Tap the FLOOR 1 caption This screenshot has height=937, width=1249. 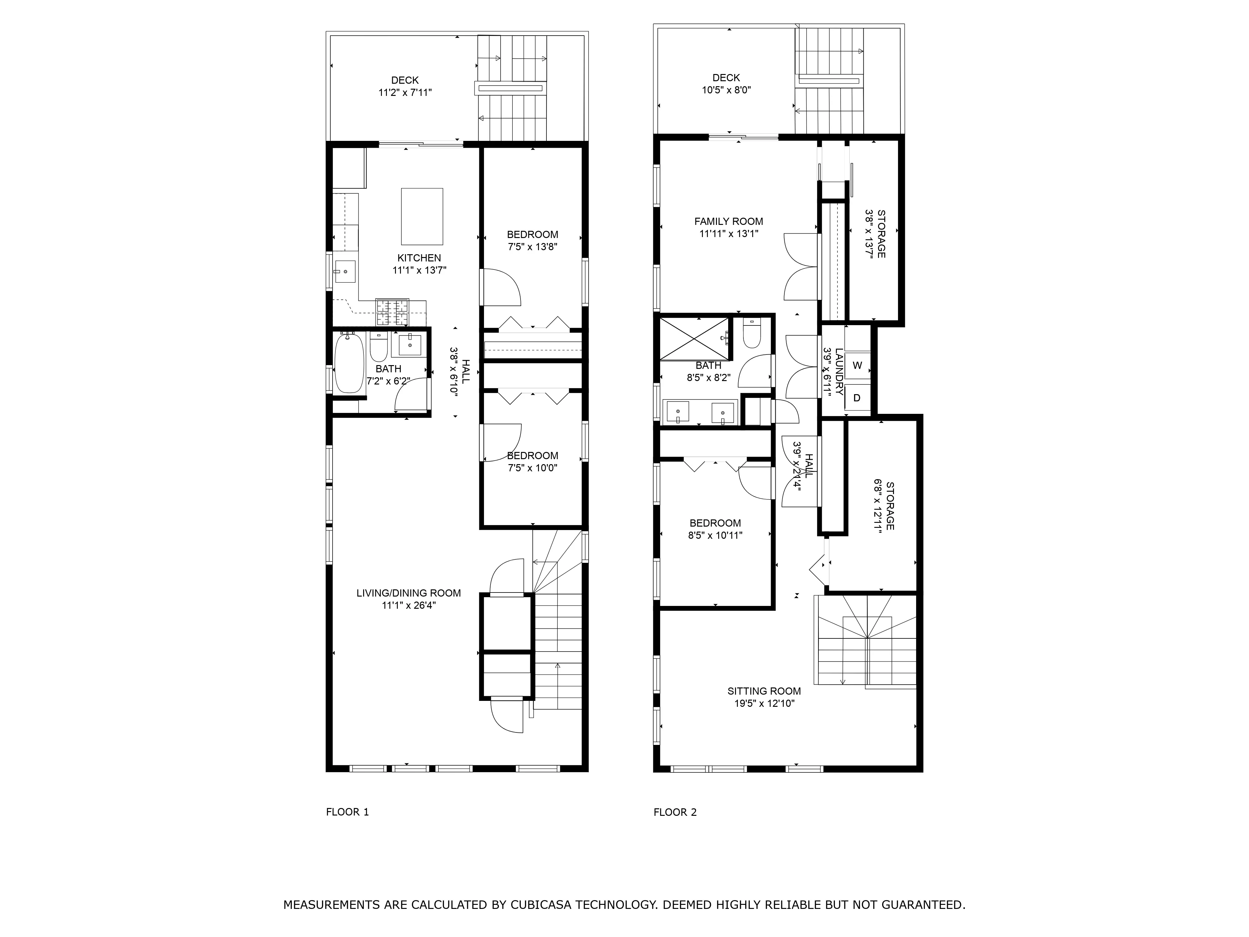click(x=347, y=812)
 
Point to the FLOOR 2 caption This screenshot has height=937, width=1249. click(x=675, y=812)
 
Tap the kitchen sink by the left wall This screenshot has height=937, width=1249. click(x=344, y=272)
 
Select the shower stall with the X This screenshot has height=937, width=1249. click(x=694, y=338)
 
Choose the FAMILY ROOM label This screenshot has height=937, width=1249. click(x=728, y=221)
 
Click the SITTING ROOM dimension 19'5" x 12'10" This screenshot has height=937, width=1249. click(x=764, y=703)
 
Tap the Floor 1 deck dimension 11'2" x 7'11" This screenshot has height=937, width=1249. click(x=405, y=93)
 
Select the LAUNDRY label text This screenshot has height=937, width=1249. click(x=839, y=372)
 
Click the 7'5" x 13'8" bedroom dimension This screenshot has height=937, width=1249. click(x=532, y=247)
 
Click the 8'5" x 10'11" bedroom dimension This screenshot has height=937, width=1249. click(x=715, y=535)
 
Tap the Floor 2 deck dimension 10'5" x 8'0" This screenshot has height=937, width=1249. click(x=726, y=90)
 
